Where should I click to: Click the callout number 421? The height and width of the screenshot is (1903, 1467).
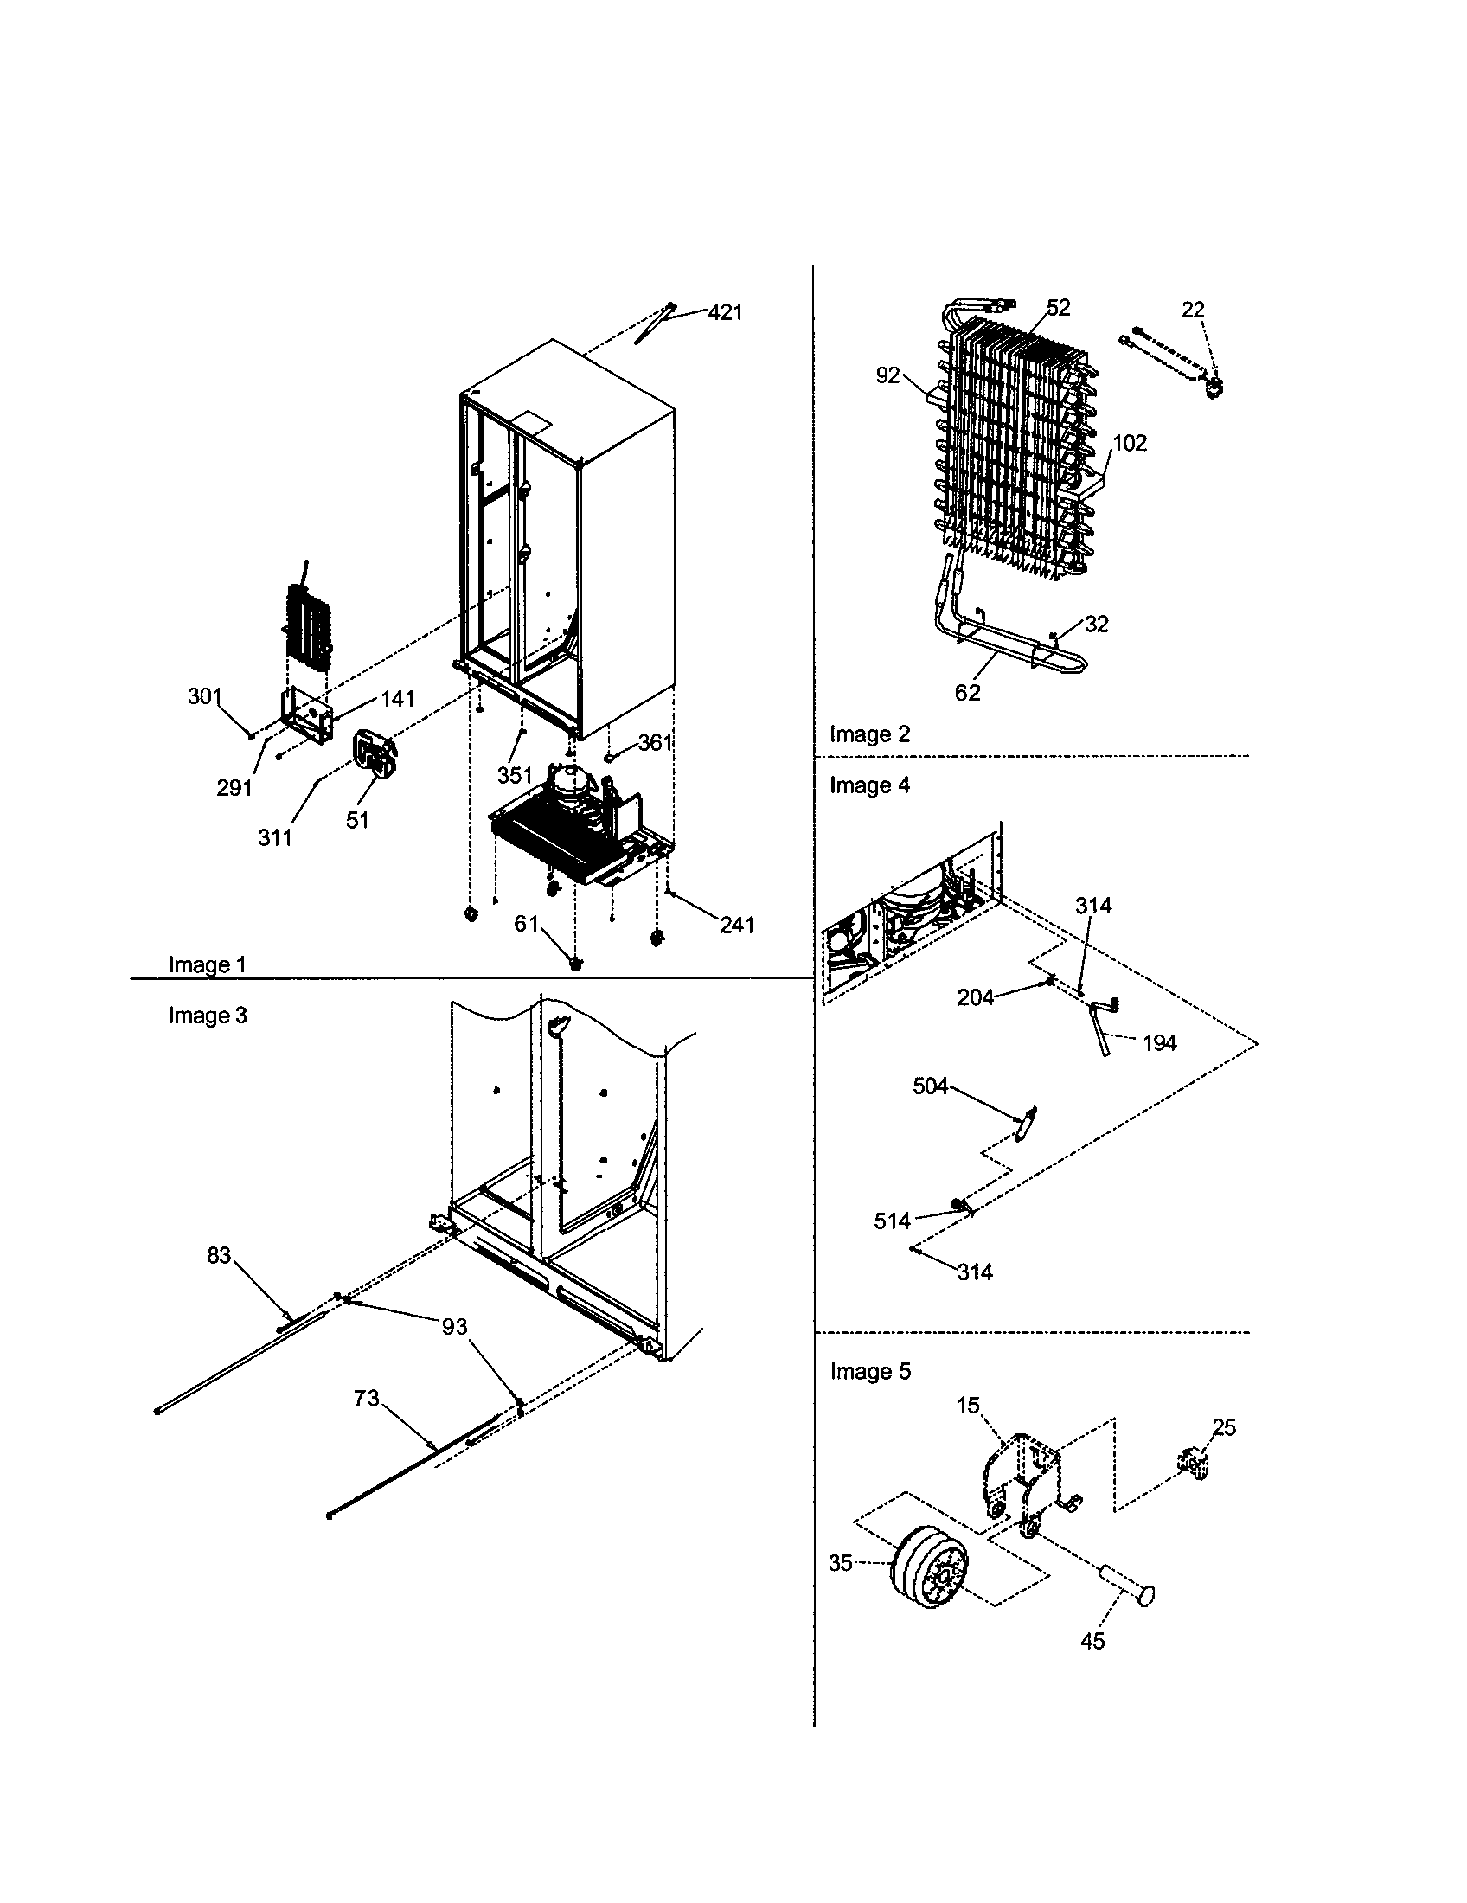[x=725, y=312]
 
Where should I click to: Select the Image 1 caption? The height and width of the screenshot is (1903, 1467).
[x=207, y=964]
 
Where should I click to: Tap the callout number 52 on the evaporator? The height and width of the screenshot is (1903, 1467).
[x=1059, y=308]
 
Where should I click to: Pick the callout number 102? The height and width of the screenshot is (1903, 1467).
[x=1130, y=443]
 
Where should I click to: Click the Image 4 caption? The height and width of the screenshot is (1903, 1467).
[x=868, y=785]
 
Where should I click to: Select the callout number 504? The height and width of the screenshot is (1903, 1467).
[x=930, y=1086]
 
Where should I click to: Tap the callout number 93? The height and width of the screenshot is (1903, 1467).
[x=454, y=1327]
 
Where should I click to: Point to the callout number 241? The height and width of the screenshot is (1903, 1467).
[x=736, y=925]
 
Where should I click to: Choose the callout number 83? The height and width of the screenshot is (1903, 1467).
[x=219, y=1255]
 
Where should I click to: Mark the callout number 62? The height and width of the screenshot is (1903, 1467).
[x=967, y=692]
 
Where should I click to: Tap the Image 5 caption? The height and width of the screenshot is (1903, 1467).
[x=869, y=1372]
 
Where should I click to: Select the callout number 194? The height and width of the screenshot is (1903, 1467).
[x=1158, y=1042]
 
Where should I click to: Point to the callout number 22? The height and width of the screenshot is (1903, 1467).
[x=1193, y=310]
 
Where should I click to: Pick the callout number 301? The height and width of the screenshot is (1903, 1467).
[x=204, y=696]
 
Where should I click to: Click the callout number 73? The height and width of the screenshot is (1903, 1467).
[x=366, y=1398]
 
